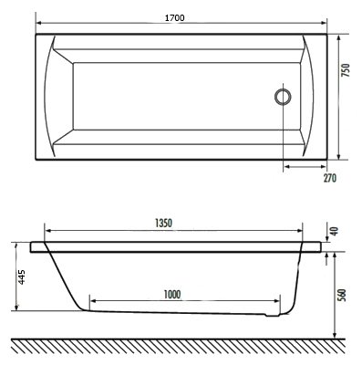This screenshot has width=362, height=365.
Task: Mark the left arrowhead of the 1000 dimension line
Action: [x=93, y=302]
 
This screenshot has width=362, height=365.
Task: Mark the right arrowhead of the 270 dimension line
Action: [x=326, y=167]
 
